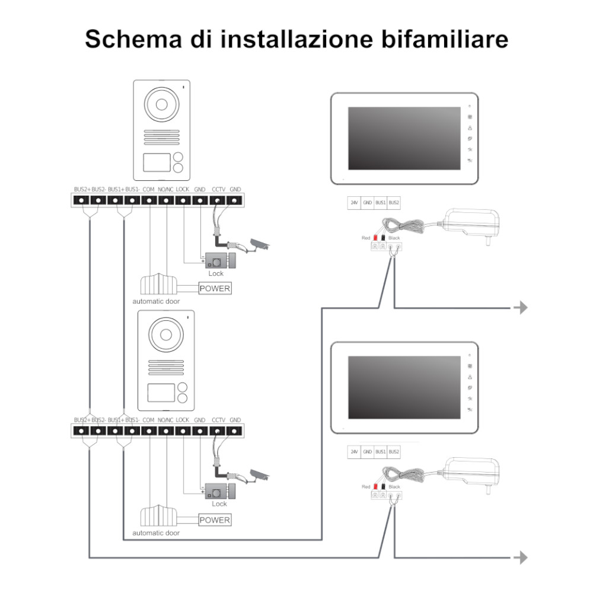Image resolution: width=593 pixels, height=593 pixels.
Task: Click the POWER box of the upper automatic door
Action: [x=214, y=289]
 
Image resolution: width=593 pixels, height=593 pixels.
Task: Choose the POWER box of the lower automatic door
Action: [x=214, y=520]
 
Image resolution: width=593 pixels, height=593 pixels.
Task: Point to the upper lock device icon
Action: [x=219, y=260]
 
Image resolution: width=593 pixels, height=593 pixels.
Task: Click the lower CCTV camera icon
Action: [x=259, y=475]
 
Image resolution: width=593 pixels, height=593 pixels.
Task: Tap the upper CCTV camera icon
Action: [x=259, y=244]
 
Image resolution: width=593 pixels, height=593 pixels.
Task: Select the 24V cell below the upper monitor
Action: [x=354, y=203]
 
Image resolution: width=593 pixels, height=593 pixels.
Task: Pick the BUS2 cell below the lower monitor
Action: [x=394, y=452]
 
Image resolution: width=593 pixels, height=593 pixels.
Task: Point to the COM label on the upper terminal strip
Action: [x=149, y=189]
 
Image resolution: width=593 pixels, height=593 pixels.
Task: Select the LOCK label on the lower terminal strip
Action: [x=183, y=420]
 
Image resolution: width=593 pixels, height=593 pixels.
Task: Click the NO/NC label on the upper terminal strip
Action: [x=165, y=189]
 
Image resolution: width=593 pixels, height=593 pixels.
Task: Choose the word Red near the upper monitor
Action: [x=366, y=238]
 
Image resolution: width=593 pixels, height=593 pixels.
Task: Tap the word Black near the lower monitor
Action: [x=394, y=487]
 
